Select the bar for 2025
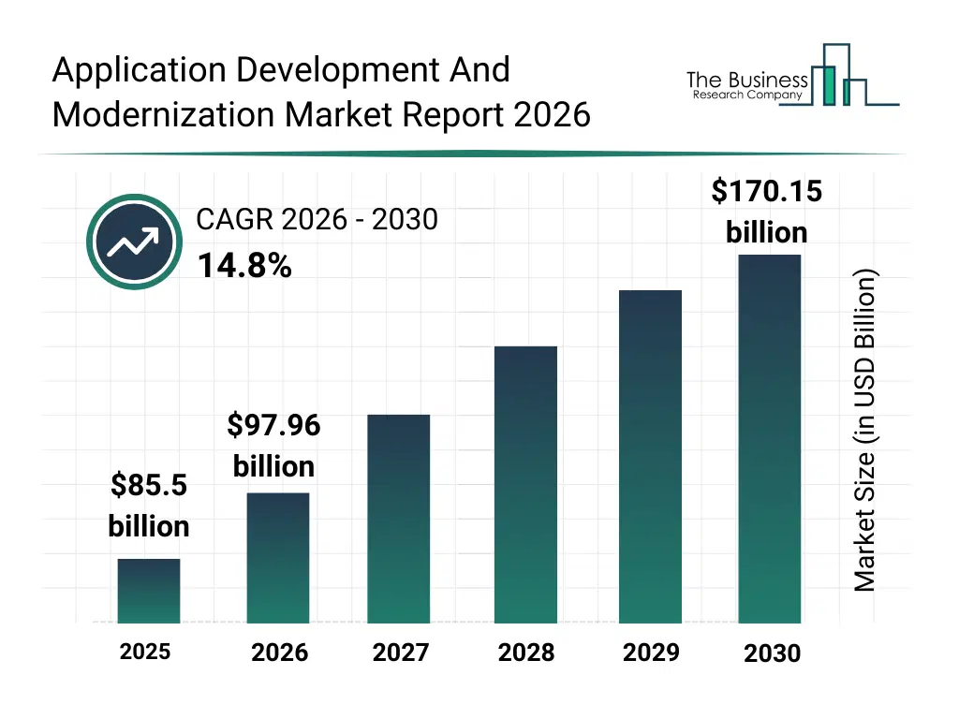click(x=149, y=591)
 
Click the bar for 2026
click(x=278, y=557)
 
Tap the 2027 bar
click(x=399, y=519)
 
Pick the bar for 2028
click(x=525, y=484)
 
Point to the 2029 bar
click(x=651, y=456)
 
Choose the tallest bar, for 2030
click(x=770, y=438)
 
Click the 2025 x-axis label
click(x=145, y=651)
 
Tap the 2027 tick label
click(x=400, y=652)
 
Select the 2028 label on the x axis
click(x=525, y=652)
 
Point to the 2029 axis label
click(x=651, y=652)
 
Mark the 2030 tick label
click(x=772, y=653)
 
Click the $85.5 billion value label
click(x=149, y=506)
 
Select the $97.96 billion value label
click(x=273, y=446)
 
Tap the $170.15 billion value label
click(x=766, y=211)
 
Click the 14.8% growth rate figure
click(x=244, y=267)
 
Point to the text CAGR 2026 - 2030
click(x=317, y=219)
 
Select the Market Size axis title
click(x=865, y=431)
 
